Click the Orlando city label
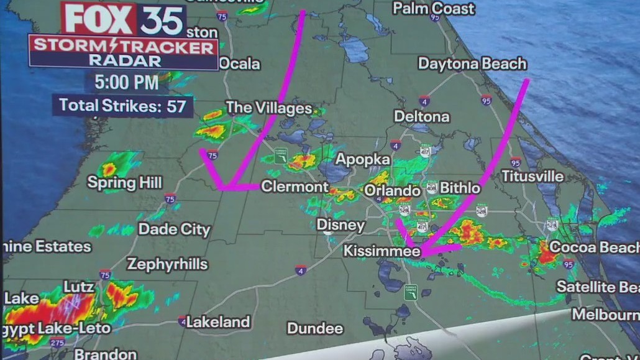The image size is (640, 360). [x=392, y=190]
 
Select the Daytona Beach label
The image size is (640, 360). [x=472, y=63]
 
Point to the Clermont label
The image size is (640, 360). [x=295, y=187]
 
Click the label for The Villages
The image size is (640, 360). [x=268, y=108]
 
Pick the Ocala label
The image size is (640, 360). [x=240, y=63]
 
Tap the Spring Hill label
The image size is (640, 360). [x=124, y=183]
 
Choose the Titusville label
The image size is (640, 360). [x=533, y=176]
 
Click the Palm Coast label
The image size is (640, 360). [x=434, y=8]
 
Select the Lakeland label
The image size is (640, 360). [x=218, y=322]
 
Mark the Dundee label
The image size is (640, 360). [x=315, y=328]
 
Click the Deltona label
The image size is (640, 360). [x=422, y=116]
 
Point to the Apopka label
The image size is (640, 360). [x=358, y=159]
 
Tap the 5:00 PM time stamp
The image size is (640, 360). [x=126, y=82]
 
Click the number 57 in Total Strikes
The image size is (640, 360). [x=176, y=106]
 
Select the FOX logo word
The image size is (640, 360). [x=99, y=20]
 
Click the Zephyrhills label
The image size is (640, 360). [x=167, y=264]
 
